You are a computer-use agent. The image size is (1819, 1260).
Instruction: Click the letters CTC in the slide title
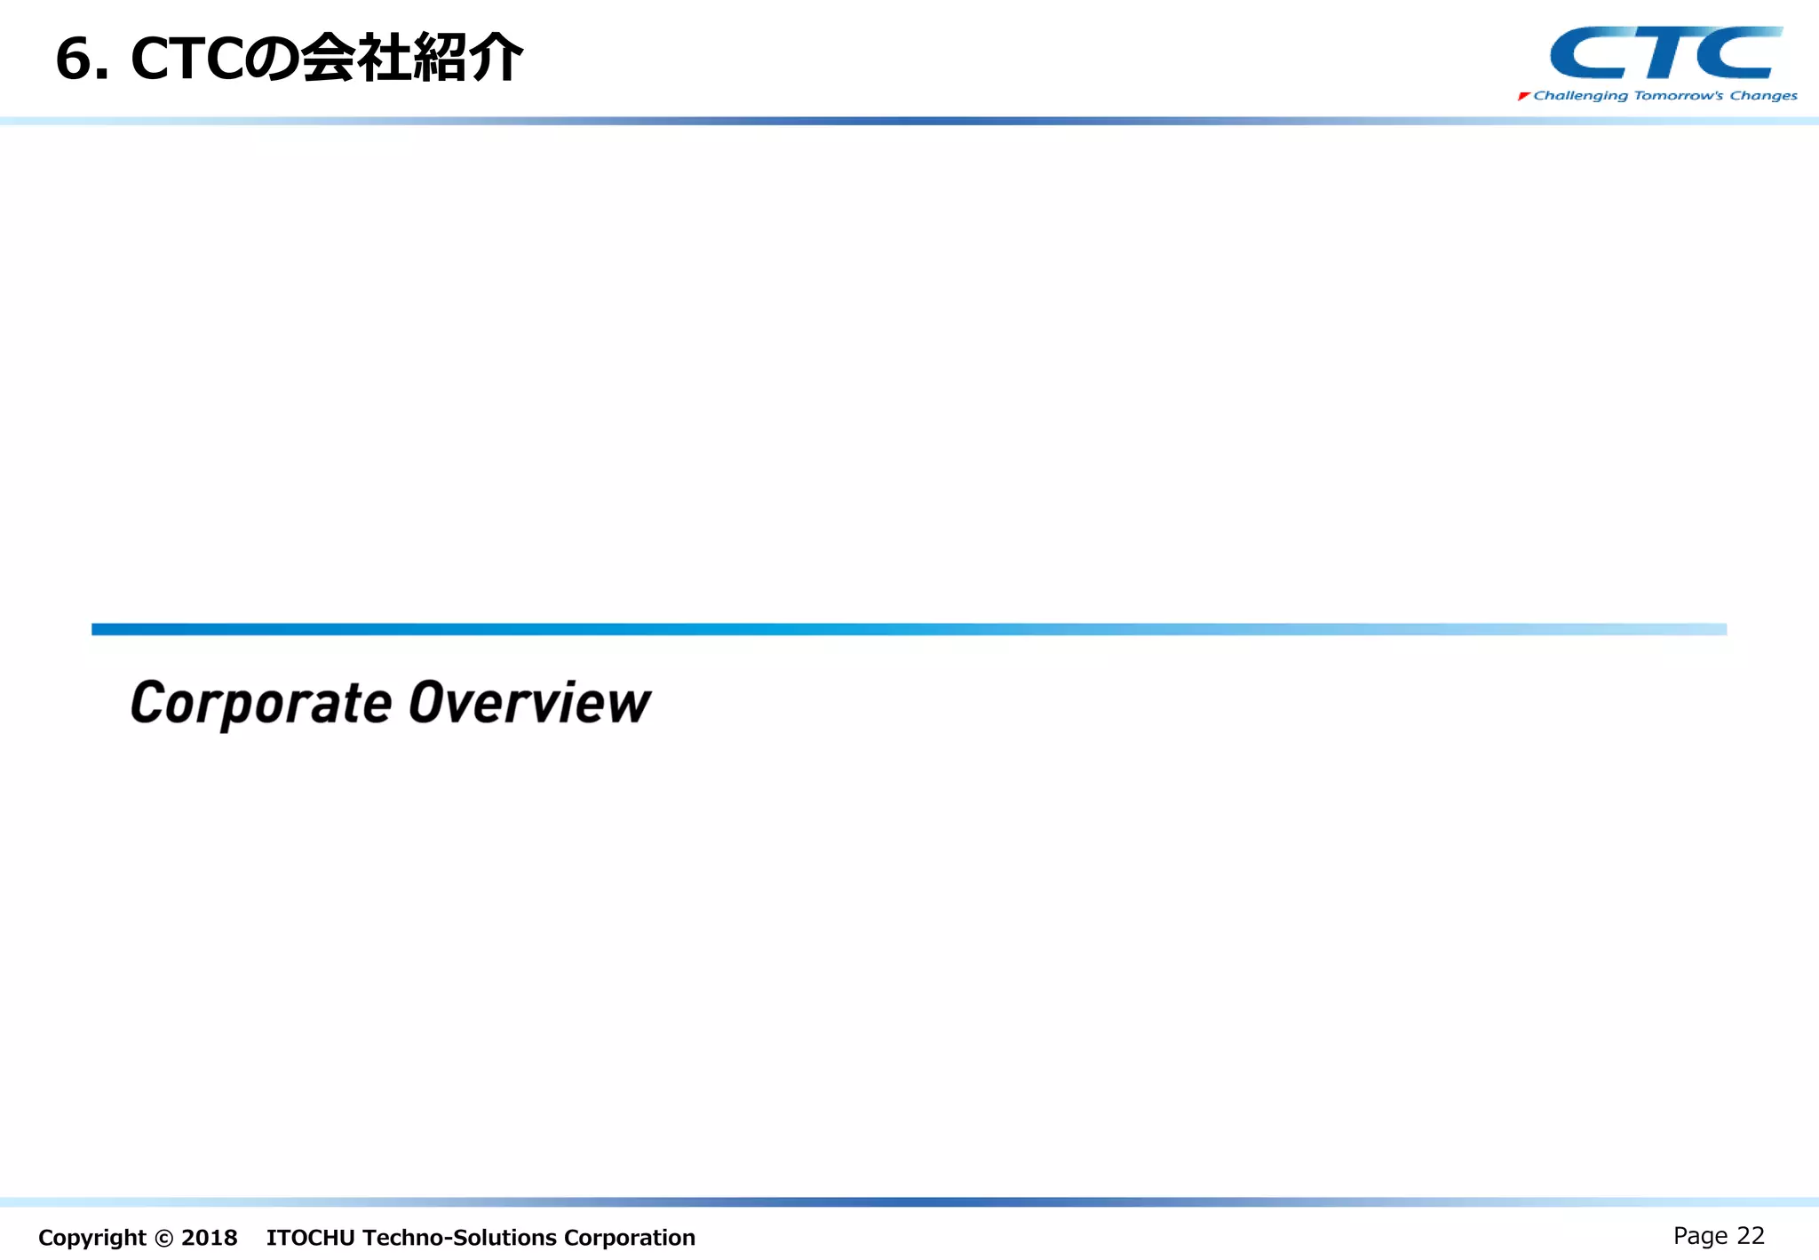coord(186,60)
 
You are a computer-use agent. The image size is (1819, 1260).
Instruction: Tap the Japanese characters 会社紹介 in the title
coord(411,59)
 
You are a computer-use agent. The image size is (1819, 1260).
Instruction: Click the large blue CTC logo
coord(1664,53)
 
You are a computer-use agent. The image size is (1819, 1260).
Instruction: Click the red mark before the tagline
coord(1523,96)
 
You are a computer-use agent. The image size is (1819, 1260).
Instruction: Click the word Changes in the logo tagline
coord(1763,96)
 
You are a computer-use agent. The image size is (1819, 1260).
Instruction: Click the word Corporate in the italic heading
coord(261,704)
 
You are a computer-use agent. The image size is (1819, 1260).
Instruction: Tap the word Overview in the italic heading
coord(529,704)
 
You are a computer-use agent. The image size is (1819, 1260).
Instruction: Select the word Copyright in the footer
coord(91,1237)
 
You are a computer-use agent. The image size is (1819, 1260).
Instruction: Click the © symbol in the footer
coord(163,1238)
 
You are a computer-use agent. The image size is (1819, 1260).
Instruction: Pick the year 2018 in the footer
coord(209,1237)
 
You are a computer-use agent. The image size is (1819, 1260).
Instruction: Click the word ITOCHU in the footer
coord(310,1237)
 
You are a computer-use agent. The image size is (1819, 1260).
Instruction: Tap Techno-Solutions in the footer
coord(459,1237)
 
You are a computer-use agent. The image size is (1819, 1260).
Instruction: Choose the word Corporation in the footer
coord(629,1237)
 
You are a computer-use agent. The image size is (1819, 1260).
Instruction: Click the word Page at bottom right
coord(1700,1236)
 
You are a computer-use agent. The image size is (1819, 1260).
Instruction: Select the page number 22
coord(1750,1235)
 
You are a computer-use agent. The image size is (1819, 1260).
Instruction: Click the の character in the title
coord(270,60)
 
